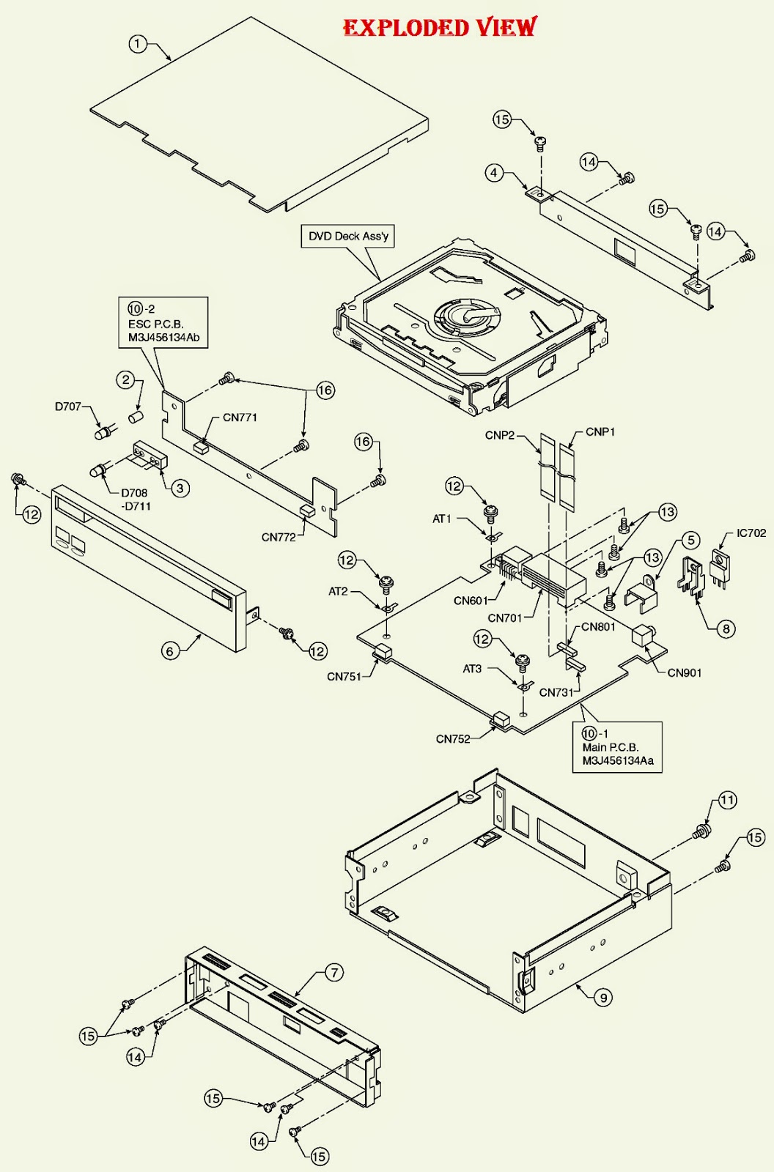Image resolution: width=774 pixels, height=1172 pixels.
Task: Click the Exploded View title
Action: pyautogui.click(x=440, y=28)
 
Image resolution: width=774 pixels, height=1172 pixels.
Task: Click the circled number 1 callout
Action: pyautogui.click(x=137, y=44)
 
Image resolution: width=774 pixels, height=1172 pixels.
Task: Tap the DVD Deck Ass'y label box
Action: pyautogui.click(x=348, y=236)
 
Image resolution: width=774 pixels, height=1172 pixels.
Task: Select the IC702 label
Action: pyautogui.click(x=751, y=533)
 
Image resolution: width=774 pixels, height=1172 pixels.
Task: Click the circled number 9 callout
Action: pyautogui.click(x=602, y=997)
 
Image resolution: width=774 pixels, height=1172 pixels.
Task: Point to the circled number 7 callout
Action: pyautogui.click(x=333, y=973)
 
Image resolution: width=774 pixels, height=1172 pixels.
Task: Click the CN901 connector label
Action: pyautogui.click(x=684, y=672)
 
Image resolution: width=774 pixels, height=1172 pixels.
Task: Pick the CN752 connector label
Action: pyautogui.click(x=453, y=738)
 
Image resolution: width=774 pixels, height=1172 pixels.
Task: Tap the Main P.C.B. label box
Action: pyautogui.click(x=617, y=747)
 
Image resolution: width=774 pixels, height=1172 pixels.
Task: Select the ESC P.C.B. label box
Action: pyautogui.click(x=163, y=323)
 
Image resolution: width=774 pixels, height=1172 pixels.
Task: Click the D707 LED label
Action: pyautogui.click(x=68, y=407)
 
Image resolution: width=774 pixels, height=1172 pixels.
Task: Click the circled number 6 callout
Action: pyautogui.click(x=170, y=650)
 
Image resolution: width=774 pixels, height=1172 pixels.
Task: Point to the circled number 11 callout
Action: pyautogui.click(x=726, y=800)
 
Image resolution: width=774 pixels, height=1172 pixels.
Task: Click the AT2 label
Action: pyautogui.click(x=338, y=591)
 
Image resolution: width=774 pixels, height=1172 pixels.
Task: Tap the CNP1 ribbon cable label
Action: pyautogui.click(x=600, y=432)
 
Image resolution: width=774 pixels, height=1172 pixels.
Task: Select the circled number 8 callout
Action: pyautogui.click(x=726, y=628)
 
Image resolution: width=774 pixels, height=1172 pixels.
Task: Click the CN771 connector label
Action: pyautogui.click(x=240, y=418)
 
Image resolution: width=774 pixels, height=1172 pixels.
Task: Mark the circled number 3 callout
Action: pyautogui.click(x=181, y=487)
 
